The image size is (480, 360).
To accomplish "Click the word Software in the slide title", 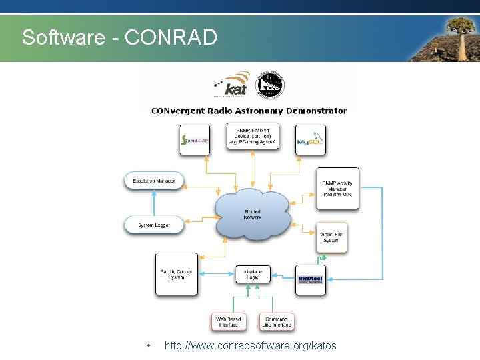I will tap(62, 37).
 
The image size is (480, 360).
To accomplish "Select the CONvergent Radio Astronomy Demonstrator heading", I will tap(249, 111).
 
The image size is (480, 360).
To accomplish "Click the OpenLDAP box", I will tap(195, 140).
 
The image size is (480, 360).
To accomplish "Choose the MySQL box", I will tap(311, 141).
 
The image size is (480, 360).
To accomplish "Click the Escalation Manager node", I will tap(154, 181).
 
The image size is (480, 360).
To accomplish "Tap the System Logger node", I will tap(154, 225).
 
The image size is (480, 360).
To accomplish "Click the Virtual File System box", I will tap(331, 237).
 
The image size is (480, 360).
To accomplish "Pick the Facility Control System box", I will tap(177, 273).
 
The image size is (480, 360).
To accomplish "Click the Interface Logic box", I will tap(253, 274).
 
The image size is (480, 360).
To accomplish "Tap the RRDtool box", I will tap(311, 279).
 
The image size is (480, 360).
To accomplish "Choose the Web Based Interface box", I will tap(229, 322).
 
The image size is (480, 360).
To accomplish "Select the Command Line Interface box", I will tap(276, 322).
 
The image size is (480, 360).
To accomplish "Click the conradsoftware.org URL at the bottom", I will tap(251, 345).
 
